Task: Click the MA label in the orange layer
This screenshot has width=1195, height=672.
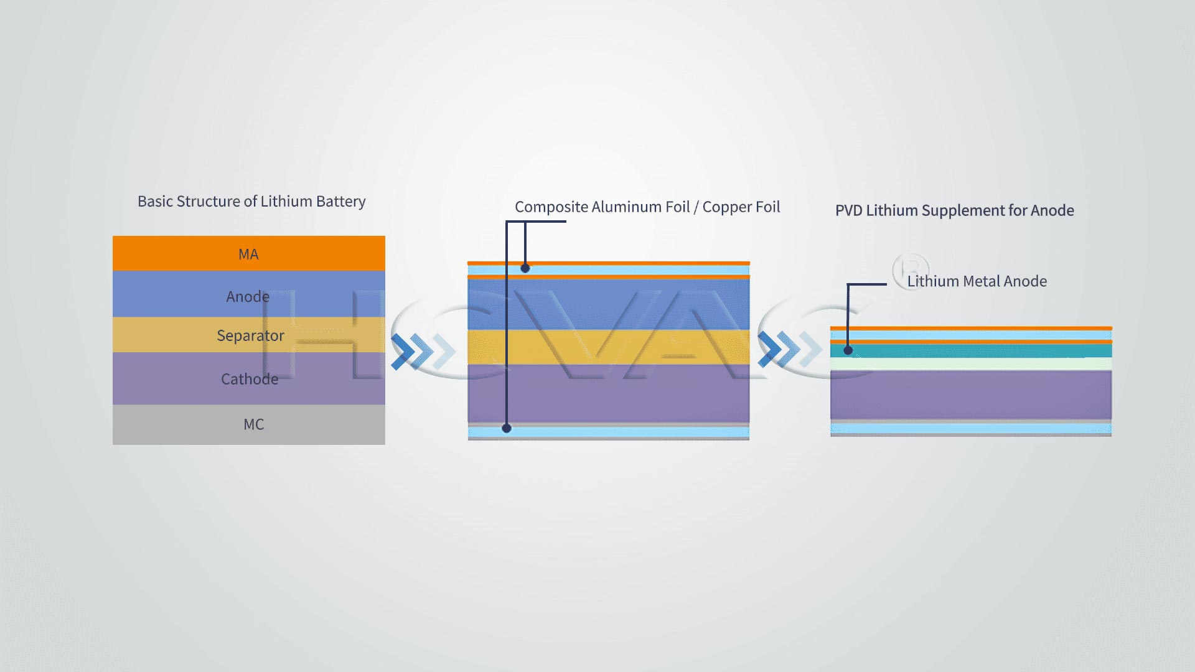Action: click(248, 254)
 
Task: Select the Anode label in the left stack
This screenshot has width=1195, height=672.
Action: click(248, 297)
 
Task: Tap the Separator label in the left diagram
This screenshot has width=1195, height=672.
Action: click(250, 335)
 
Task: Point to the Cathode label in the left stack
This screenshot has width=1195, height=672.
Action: click(250, 379)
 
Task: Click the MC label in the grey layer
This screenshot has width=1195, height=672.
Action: click(253, 424)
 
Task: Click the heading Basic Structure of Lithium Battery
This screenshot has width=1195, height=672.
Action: click(251, 202)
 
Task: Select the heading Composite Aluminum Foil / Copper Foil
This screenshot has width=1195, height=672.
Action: click(647, 207)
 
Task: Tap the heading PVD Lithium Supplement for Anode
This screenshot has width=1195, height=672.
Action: click(955, 210)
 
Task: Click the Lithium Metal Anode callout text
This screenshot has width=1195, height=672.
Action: click(977, 281)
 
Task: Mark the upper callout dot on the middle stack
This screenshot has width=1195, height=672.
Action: click(525, 268)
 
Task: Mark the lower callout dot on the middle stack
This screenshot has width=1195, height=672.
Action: click(507, 428)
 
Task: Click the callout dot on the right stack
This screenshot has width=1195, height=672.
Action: click(848, 350)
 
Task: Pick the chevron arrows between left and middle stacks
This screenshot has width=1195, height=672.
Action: click(423, 351)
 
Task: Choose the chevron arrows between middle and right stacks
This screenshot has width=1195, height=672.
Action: click(790, 349)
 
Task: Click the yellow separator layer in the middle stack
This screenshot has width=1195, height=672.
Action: click(609, 347)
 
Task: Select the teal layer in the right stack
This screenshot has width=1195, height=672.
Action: click(971, 351)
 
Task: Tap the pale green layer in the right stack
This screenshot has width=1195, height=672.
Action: click(971, 364)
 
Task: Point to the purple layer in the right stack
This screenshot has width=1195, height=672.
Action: click(971, 395)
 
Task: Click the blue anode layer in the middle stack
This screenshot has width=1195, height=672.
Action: click(609, 304)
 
